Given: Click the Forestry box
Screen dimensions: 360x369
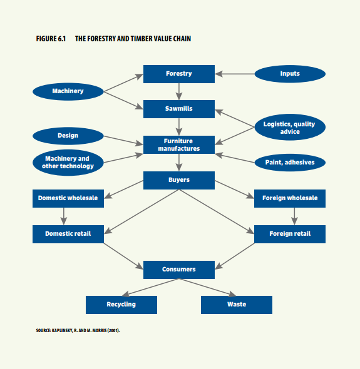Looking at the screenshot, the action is [x=179, y=74].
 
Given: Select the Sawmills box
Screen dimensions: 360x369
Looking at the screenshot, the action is [x=179, y=109].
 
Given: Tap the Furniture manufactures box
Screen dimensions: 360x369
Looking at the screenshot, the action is [x=179, y=144].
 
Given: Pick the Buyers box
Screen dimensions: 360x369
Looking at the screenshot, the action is [x=179, y=180].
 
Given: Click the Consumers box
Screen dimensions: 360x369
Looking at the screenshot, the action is [x=179, y=270].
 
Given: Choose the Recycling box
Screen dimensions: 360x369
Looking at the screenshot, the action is [x=121, y=305].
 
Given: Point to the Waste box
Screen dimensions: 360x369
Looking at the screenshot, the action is [x=237, y=305].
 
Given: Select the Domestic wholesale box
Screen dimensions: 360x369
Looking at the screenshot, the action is [x=68, y=198].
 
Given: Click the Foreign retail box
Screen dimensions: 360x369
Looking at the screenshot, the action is [x=290, y=234].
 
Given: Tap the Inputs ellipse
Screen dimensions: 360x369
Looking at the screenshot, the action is [x=290, y=74].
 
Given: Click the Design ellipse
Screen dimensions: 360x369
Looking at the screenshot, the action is [x=68, y=136].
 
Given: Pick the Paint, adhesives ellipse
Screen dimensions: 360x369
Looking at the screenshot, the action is [x=290, y=163].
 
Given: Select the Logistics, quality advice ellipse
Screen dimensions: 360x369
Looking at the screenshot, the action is [x=290, y=127].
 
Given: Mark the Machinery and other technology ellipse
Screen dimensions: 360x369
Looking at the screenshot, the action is [x=68, y=163].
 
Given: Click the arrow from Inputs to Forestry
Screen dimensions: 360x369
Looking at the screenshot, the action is [x=235, y=74].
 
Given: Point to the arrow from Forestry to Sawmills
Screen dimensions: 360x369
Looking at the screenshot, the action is [x=179, y=91].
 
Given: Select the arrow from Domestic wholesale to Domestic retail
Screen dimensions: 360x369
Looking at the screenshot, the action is [x=64, y=216].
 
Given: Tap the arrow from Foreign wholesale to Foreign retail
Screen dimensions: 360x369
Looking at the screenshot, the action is [x=294, y=216].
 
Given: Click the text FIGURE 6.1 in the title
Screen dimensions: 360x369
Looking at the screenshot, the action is [x=51, y=39].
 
